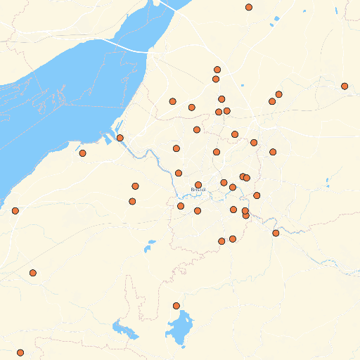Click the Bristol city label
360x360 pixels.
pyautogui.click(x=198, y=190)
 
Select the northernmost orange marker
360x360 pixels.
pyautogui.click(x=249, y=7)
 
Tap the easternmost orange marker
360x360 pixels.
pyautogui.click(x=345, y=86)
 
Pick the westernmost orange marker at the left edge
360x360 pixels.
pyautogui.click(x=15, y=210)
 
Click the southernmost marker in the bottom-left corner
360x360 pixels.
pyautogui.click(x=20, y=352)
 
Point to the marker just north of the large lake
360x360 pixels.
pyautogui.click(x=176, y=305)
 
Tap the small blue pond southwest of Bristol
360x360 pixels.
pyautogui.click(x=150, y=245)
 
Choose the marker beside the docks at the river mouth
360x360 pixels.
pyautogui.click(x=120, y=138)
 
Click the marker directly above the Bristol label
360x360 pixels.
pyautogui.click(x=198, y=185)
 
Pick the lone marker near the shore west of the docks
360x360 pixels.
pyautogui.click(x=82, y=153)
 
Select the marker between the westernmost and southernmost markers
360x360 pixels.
pyautogui.click(x=32, y=273)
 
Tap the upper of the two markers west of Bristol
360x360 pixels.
pyautogui.click(x=135, y=186)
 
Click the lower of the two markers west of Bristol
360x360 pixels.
pyautogui.click(x=132, y=201)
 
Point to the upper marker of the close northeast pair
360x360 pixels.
pyautogui.click(x=279, y=94)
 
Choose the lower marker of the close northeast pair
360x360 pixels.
pyautogui.click(x=272, y=101)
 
